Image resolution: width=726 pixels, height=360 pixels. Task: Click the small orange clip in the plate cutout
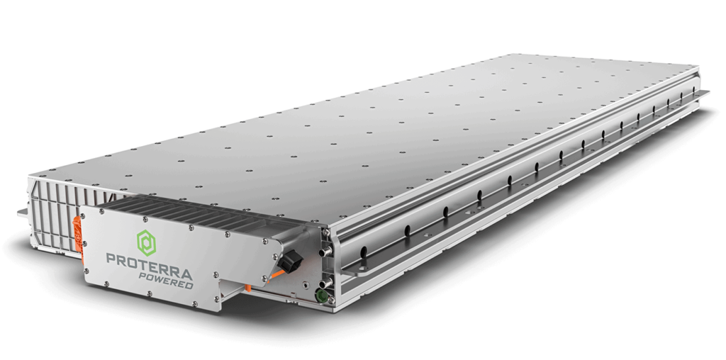(250, 287)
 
